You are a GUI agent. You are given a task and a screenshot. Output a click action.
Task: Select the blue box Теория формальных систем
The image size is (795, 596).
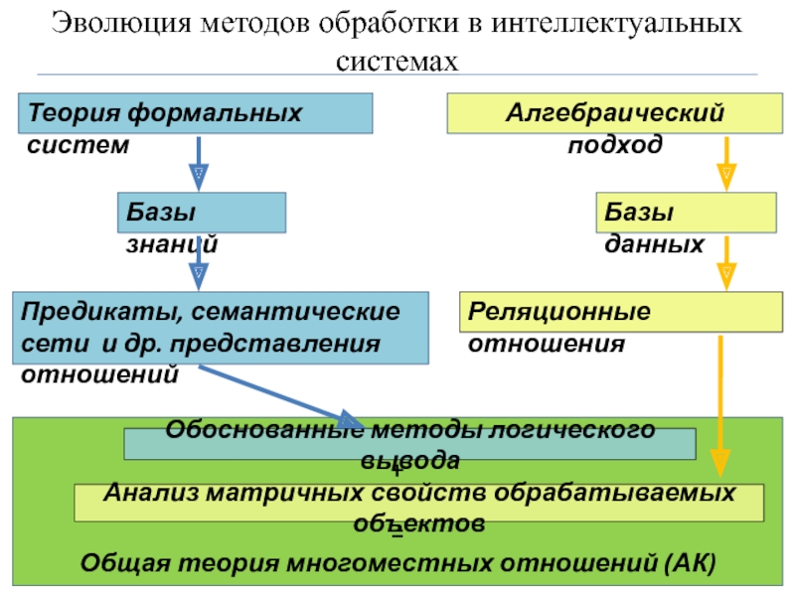click(x=195, y=113)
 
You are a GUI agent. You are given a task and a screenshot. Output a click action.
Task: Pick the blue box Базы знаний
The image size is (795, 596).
click(x=201, y=213)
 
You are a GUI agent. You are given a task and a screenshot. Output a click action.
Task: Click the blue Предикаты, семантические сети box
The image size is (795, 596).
click(x=220, y=327)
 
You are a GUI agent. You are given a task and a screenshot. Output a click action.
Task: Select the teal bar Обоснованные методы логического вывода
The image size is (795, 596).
click(x=409, y=444)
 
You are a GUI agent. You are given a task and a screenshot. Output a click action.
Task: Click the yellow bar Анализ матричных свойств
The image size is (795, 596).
click(x=419, y=504)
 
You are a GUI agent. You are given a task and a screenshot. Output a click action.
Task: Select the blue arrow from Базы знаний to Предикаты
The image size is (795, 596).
click(x=200, y=261)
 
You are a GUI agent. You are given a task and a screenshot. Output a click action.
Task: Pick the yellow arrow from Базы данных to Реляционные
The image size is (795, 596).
click(x=726, y=260)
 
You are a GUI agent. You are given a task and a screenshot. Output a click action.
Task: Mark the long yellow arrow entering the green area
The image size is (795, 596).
click(x=721, y=397)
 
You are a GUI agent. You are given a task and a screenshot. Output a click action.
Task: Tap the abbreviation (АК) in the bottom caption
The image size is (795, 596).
click(x=686, y=564)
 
